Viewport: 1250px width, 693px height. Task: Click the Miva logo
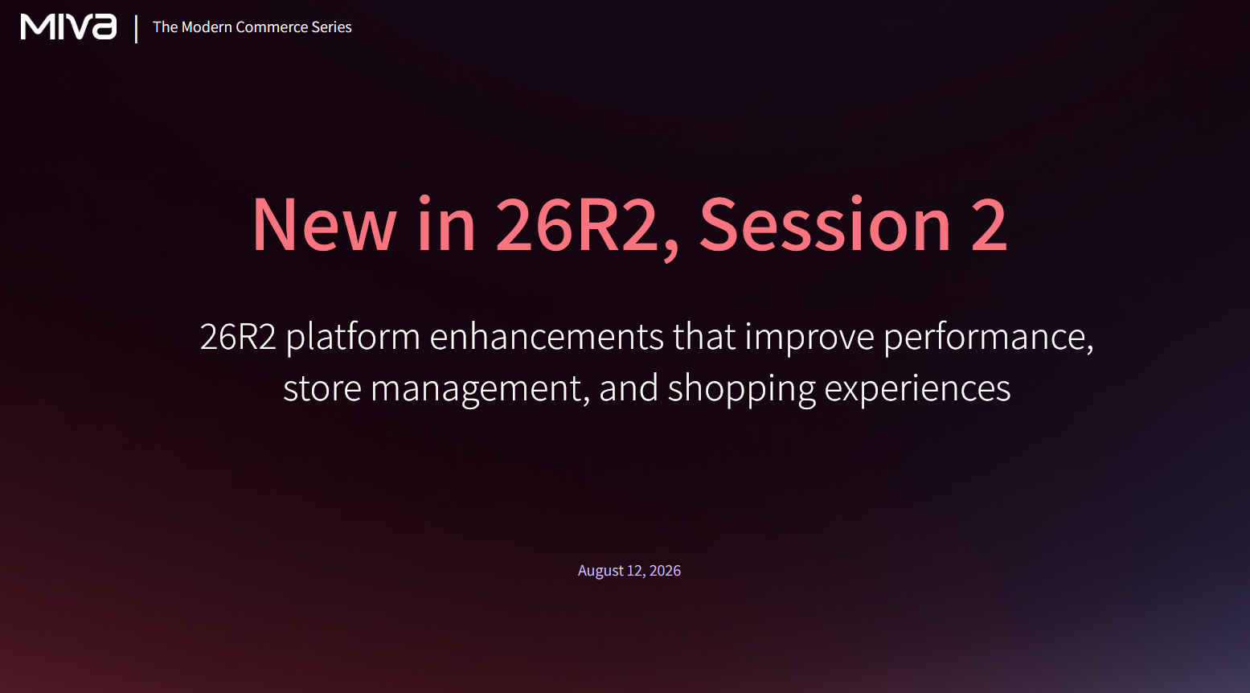[68, 27]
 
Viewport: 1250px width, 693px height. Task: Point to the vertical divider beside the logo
[136, 29]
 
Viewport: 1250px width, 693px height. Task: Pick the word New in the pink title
[324, 225]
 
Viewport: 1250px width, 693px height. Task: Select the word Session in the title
[826, 225]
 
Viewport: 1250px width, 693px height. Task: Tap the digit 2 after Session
[990, 224]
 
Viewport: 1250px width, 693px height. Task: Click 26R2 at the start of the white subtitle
[238, 337]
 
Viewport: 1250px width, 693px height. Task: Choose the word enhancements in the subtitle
[547, 336]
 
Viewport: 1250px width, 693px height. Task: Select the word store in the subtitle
[322, 388]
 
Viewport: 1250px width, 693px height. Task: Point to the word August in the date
[600, 571]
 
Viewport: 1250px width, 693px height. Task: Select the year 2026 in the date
[665, 570]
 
